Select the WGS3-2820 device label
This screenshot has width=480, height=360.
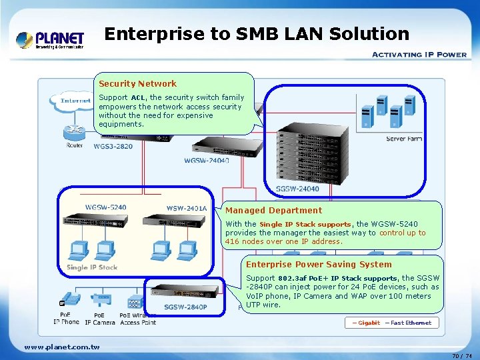(x=113, y=147)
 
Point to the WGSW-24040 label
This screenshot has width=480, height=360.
(x=207, y=161)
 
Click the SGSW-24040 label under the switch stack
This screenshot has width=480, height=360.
(x=297, y=189)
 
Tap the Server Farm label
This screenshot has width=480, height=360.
(x=404, y=139)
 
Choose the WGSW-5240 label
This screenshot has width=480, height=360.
(x=105, y=207)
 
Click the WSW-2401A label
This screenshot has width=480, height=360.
(x=187, y=209)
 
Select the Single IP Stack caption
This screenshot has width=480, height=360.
(x=92, y=267)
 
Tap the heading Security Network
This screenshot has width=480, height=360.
(x=137, y=83)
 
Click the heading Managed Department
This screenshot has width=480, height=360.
(x=273, y=210)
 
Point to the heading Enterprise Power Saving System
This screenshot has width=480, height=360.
(x=319, y=264)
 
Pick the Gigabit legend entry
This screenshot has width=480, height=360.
(x=364, y=323)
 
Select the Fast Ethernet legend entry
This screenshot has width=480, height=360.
(x=408, y=323)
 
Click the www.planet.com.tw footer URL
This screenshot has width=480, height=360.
(x=62, y=347)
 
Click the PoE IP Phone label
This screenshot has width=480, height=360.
(x=66, y=318)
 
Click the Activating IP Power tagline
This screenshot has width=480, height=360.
(x=419, y=55)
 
